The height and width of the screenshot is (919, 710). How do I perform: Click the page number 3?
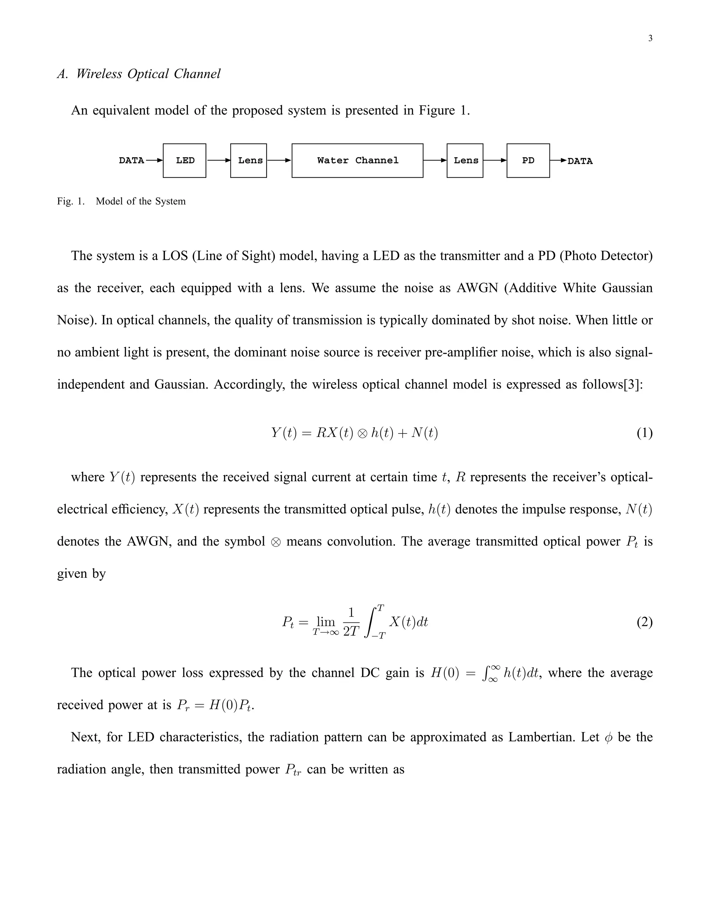tap(650, 38)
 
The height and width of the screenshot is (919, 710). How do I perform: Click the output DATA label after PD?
tap(580, 161)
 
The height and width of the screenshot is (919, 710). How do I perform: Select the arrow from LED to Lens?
tap(218, 160)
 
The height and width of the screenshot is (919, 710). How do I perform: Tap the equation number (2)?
tap(644, 622)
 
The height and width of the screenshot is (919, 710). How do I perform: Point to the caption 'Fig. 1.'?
tap(71, 201)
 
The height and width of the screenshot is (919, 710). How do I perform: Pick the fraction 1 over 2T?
tap(351, 622)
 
